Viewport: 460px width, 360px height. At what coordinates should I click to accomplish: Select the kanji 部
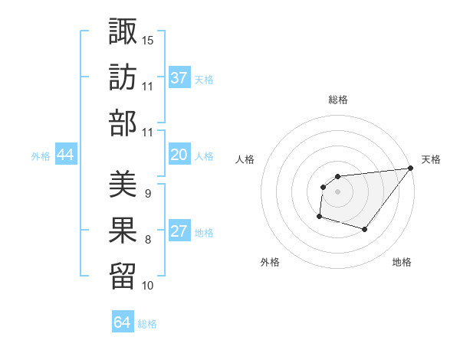123,123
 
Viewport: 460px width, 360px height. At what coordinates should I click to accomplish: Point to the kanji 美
123,184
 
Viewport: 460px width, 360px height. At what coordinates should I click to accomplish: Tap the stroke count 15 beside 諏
148,39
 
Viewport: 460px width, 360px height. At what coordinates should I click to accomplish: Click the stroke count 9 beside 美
148,194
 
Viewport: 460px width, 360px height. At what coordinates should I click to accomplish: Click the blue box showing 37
179,77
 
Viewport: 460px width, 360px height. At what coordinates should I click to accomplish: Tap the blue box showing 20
179,155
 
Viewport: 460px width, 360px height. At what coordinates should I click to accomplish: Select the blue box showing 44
66,155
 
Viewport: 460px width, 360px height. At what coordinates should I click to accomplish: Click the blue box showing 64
123,322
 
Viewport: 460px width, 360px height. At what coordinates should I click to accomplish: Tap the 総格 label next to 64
147,324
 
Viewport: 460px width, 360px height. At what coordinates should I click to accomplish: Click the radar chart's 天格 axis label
431,159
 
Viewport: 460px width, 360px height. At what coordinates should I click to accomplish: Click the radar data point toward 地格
365,229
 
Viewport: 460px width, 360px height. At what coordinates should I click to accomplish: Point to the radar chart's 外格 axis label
270,263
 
